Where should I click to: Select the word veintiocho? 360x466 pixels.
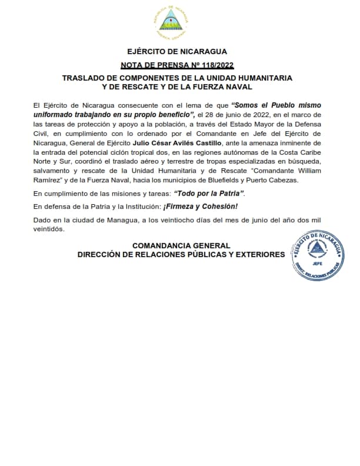click(185, 220)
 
